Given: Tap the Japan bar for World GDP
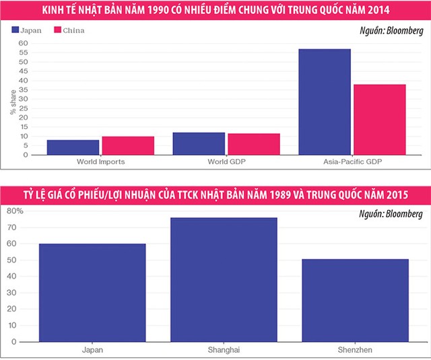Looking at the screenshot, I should point(199,144).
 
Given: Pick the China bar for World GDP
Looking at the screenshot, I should point(254,145).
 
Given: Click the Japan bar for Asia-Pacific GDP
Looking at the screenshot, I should point(325,102).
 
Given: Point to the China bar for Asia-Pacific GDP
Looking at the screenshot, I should point(380,120).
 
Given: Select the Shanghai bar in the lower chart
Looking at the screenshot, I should point(224,279).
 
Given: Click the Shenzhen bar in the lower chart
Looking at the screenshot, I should point(356,300).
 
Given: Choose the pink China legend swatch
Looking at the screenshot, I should point(58,30).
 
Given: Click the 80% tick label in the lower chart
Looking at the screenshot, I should point(15,211).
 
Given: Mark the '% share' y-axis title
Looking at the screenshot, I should point(12,101).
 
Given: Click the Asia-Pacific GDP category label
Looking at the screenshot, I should point(352,162).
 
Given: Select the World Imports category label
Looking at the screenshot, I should point(101,162).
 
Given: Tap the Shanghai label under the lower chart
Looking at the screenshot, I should point(224,350).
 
